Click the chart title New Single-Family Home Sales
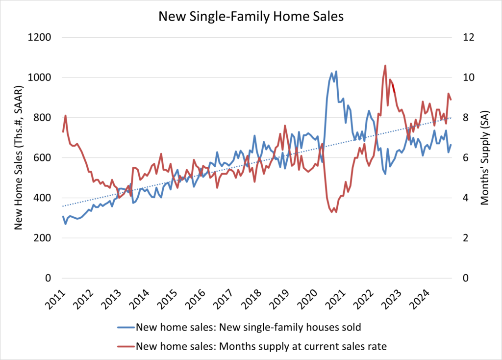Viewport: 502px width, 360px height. [x=251, y=16]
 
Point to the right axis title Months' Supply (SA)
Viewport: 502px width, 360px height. [x=485, y=157]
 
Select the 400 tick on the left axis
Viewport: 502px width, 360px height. [x=47, y=198]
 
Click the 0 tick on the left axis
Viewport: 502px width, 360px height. [x=54, y=278]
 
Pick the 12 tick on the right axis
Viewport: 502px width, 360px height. [x=464, y=37]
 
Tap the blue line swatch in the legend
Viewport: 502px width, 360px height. [x=125, y=327]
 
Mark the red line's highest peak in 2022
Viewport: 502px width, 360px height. [x=385, y=65]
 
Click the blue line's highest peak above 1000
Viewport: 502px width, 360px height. [x=336, y=72]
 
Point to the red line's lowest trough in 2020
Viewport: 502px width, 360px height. [x=336, y=212]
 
